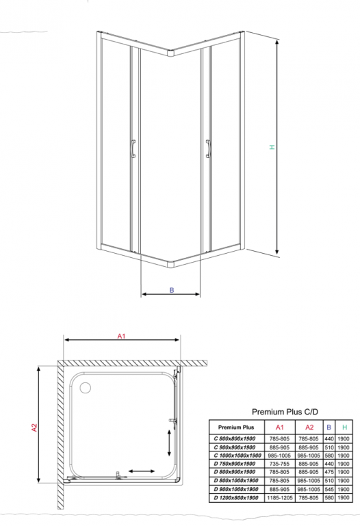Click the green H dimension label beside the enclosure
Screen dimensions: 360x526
(272, 147)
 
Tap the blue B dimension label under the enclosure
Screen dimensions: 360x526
(172, 290)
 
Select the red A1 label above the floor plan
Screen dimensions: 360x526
(121, 336)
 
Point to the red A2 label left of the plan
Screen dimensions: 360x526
(34, 428)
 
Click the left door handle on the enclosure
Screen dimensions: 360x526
(133, 148)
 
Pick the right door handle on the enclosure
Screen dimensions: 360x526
(208, 148)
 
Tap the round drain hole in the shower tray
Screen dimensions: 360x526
(86, 388)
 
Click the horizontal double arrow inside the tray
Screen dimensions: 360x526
(142, 471)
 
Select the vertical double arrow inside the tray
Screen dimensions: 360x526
(169, 443)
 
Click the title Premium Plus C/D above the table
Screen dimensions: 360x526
(285, 412)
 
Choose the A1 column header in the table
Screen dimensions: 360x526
(279, 427)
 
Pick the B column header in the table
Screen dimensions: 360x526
(329, 427)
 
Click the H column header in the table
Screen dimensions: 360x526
(344, 427)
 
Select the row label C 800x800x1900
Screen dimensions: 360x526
(235, 438)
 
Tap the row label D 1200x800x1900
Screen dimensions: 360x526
(236, 498)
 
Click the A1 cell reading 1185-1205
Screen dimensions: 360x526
(279, 498)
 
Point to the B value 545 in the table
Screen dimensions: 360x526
(329, 489)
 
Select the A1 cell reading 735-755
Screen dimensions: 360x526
(279, 464)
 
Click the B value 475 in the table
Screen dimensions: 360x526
(329, 472)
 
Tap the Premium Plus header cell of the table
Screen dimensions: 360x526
(236, 427)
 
